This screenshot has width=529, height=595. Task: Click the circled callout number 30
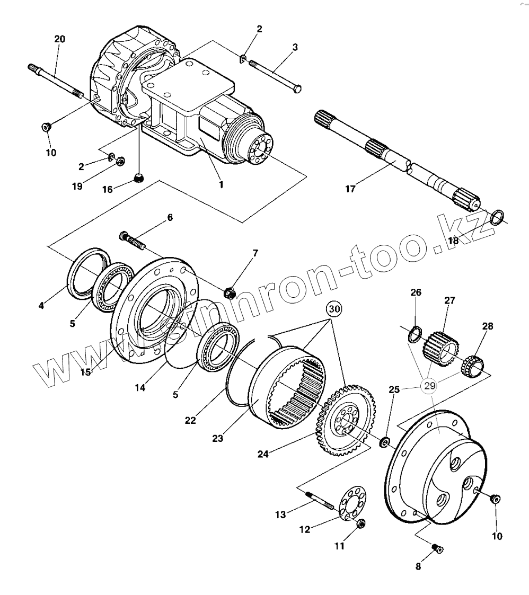[333, 308]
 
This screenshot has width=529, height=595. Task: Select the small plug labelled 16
[138, 179]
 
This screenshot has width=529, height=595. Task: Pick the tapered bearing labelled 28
[473, 365]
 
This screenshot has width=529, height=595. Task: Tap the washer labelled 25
[385, 441]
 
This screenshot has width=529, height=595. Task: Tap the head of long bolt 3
[297, 88]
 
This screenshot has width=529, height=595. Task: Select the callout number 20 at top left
[60, 39]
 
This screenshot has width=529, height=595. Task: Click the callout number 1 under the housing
[221, 185]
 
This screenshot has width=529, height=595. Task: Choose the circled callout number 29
[429, 385]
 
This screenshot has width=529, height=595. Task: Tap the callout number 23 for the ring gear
[217, 438]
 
